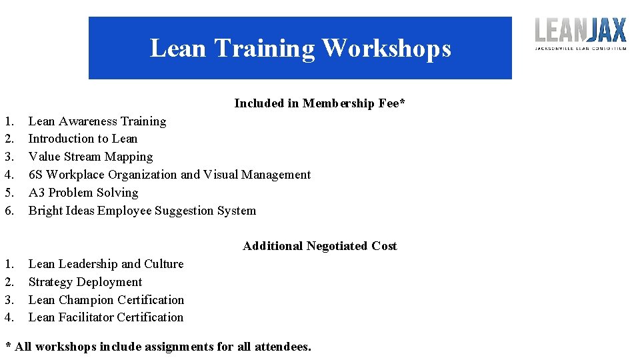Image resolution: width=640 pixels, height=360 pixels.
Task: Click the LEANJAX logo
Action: (x=581, y=33)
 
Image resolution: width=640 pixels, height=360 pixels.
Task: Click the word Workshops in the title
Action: (x=386, y=49)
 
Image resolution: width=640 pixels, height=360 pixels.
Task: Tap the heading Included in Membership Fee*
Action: (x=319, y=103)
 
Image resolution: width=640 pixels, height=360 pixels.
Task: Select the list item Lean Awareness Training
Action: (x=97, y=121)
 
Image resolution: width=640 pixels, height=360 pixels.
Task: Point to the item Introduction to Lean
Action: (x=83, y=139)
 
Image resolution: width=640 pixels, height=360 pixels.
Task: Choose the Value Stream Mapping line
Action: (x=91, y=157)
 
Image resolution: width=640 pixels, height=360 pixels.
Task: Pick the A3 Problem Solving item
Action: (x=83, y=193)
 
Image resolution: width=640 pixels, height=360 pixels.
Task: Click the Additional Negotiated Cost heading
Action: (x=319, y=246)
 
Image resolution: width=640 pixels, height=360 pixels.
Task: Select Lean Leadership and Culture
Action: (x=106, y=264)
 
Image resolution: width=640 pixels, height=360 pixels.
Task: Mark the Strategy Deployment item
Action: (x=85, y=282)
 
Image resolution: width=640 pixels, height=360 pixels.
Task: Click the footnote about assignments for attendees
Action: (x=158, y=347)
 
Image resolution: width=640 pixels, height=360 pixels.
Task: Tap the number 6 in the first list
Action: (x=9, y=211)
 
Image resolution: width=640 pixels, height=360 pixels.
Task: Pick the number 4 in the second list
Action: (x=9, y=317)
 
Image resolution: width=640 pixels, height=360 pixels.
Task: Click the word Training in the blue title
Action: (x=265, y=49)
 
